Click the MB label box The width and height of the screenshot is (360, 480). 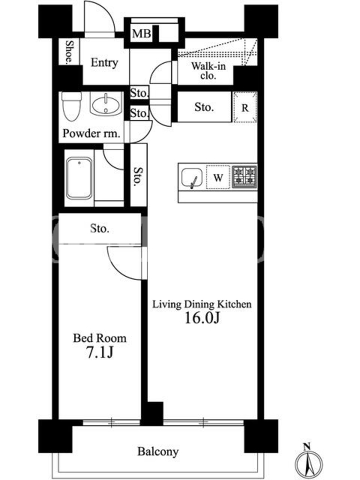[142, 33]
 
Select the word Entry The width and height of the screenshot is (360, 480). [104, 62]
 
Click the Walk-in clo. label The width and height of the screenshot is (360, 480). [208, 70]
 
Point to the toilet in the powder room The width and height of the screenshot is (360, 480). [71, 106]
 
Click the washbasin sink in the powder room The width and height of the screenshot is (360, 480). [106, 104]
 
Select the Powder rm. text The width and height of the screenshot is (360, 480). [91, 133]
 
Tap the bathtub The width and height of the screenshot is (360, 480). [79, 178]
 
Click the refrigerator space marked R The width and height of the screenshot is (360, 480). [245, 107]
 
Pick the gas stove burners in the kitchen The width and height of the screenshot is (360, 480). [244, 176]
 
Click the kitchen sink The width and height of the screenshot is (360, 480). [192, 178]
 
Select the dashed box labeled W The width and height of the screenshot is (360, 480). [218, 177]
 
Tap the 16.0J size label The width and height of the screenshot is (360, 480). [202, 319]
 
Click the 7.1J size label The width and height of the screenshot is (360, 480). [100, 352]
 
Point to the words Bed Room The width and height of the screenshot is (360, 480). [100, 338]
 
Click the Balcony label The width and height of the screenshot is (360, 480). [158, 452]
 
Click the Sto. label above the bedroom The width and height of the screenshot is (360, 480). [100, 229]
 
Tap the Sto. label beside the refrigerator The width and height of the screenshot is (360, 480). [204, 107]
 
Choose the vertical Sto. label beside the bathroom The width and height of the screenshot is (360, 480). [139, 176]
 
